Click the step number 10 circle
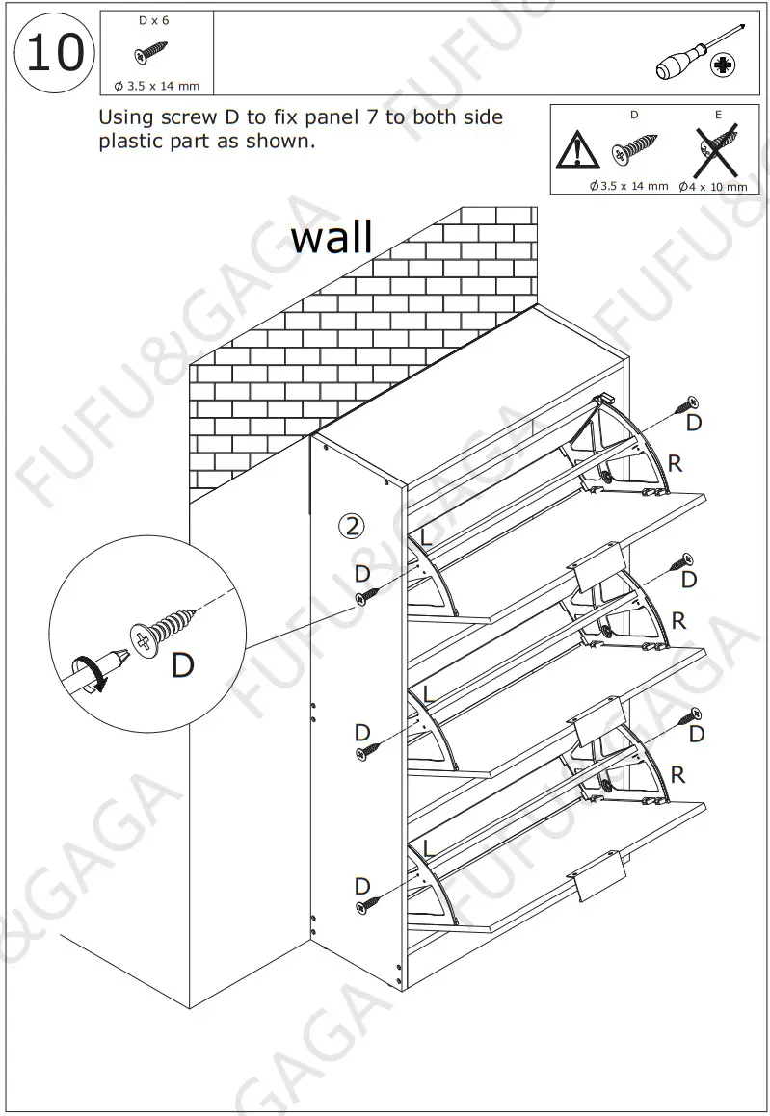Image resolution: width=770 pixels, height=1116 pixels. (54, 54)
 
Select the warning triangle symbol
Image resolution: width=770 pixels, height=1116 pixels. (577, 150)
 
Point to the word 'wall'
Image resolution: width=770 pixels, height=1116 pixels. (332, 235)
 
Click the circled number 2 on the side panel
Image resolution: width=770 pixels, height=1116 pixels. (353, 525)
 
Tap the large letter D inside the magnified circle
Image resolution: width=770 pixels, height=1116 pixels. (182, 664)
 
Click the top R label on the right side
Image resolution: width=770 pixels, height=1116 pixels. (675, 464)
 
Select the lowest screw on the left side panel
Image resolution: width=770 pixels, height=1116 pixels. (366, 905)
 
